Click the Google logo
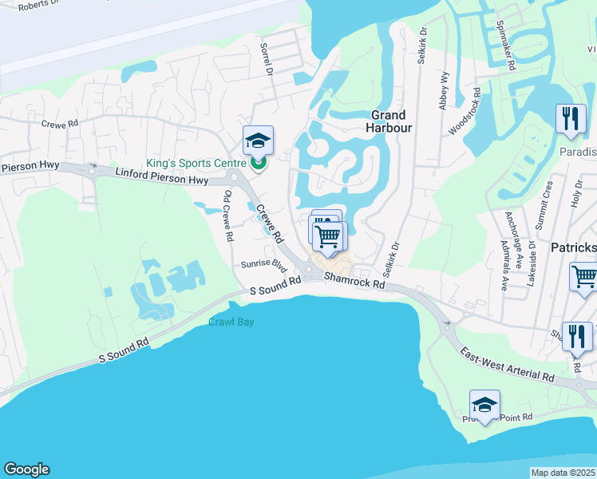point(26,469)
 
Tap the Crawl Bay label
point(232,323)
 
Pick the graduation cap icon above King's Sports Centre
point(258,141)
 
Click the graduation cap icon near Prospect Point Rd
point(484,405)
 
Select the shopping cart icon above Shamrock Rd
point(328,236)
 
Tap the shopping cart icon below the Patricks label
point(584,277)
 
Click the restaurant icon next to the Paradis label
point(570,120)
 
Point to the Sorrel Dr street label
point(267,60)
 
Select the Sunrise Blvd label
point(263,263)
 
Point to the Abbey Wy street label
point(444,88)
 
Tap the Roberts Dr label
point(38,4)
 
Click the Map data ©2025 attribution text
point(563,473)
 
